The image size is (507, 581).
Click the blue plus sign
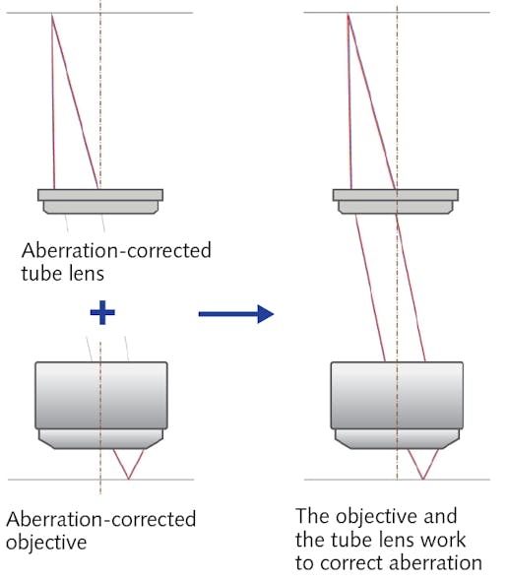(101, 313)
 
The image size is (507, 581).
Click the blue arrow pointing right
(235, 314)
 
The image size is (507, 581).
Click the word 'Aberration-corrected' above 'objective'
(100, 519)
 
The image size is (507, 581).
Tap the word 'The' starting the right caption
(313, 516)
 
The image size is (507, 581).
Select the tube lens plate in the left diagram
(100, 195)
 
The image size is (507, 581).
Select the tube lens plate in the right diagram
(397, 195)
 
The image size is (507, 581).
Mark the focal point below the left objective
(128, 480)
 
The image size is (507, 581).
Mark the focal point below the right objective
(423, 480)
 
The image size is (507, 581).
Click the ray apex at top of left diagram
(52, 15)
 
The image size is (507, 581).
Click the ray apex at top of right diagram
(348, 15)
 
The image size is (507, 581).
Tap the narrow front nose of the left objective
(100, 438)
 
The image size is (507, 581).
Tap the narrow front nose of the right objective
(397, 438)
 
